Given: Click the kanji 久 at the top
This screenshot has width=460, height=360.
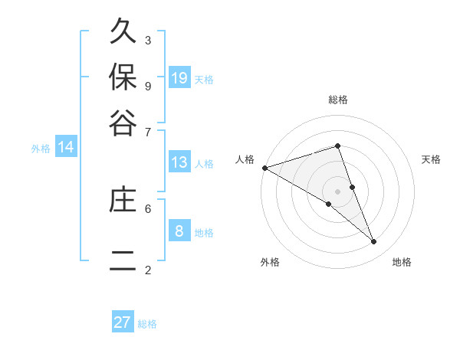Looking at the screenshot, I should tap(123, 34).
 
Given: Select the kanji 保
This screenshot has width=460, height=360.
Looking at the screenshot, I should tap(123, 77).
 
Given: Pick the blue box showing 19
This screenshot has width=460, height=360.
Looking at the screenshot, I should tap(179, 78).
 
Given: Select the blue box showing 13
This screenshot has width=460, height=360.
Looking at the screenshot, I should tap(179, 162).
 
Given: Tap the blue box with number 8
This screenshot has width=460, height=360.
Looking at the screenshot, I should tap(179, 231).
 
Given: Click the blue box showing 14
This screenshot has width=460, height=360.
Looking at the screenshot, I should tap(66, 147).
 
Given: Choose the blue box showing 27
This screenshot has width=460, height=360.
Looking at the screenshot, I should tap(123, 322).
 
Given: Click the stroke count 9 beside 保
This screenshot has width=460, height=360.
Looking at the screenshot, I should tap(147, 85).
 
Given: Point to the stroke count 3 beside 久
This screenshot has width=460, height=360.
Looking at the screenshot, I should tap(147, 41).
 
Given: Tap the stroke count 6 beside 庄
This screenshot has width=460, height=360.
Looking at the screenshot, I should tap(147, 208).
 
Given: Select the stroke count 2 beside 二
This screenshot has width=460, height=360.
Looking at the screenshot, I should tap(147, 270).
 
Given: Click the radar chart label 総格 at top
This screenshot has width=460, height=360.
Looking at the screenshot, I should tap(337, 100).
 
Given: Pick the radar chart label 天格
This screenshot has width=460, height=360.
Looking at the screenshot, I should tap(432, 159).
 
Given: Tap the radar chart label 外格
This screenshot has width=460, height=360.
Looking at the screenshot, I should tap(270, 262).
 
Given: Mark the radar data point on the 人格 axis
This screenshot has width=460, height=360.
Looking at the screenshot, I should tap(264, 167).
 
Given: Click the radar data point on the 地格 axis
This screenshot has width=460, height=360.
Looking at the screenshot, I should tap(374, 241).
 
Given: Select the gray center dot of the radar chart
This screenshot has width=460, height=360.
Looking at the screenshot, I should tap(337, 191).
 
